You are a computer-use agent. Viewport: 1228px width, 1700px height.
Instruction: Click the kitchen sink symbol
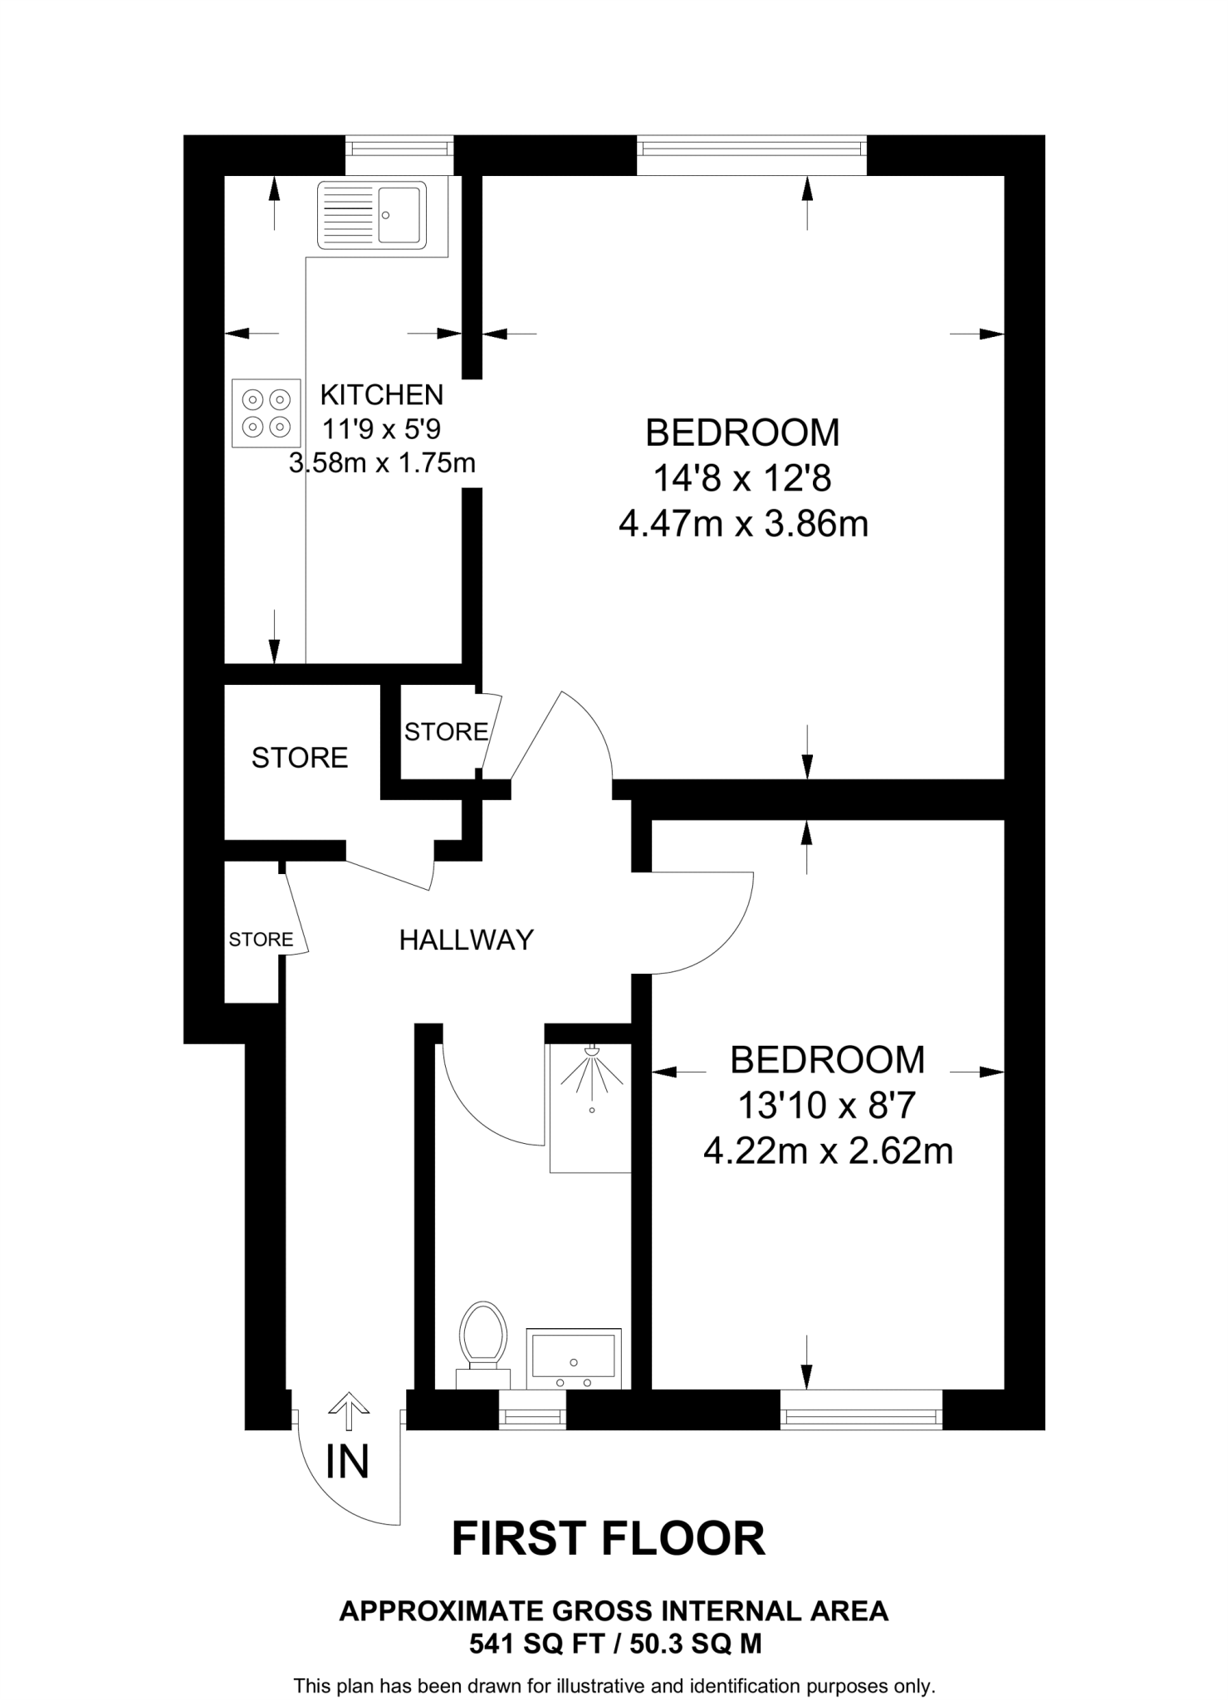(372, 215)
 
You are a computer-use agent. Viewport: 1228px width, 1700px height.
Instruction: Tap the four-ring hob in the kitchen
(266, 413)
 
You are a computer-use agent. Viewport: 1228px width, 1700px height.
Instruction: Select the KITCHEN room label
(382, 394)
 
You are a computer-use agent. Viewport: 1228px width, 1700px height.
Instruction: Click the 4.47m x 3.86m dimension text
(743, 525)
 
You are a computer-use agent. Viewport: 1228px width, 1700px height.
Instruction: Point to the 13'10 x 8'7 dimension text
(826, 1106)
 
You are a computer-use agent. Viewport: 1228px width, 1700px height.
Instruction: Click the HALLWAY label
(466, 940)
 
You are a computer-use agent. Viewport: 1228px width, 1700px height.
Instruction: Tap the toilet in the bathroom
(483, 1338)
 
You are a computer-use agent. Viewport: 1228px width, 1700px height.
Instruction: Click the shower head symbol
(592, 1053)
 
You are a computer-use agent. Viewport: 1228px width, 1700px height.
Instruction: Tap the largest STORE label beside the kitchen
(300, 758)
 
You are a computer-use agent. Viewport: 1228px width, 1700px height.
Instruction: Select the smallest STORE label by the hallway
(261, 940)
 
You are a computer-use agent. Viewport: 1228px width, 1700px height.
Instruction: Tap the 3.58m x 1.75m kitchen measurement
(382, 462)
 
